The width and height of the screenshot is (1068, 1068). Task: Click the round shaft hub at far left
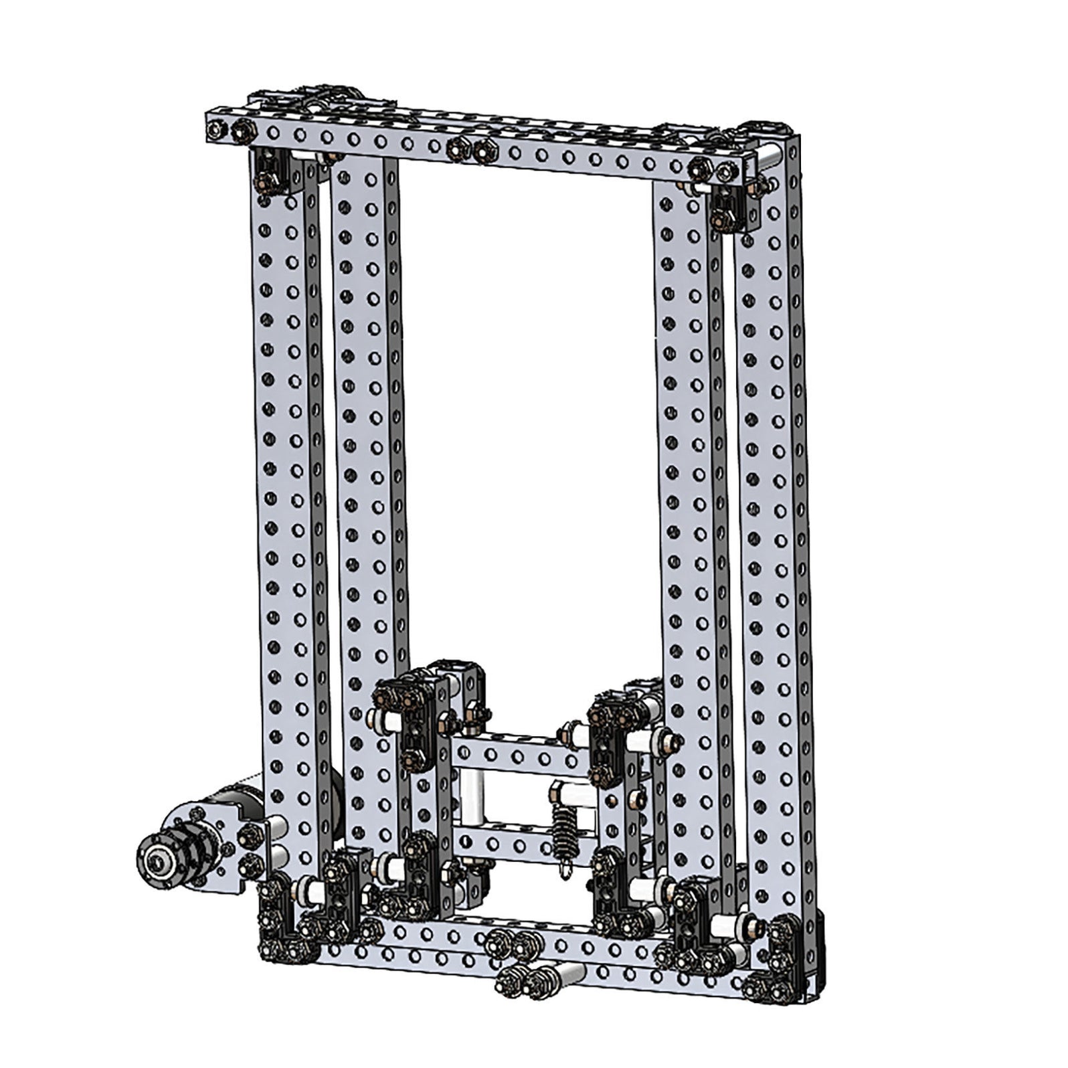click(x=155, y=858)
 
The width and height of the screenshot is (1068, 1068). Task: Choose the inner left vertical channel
click(x=365, y=468)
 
